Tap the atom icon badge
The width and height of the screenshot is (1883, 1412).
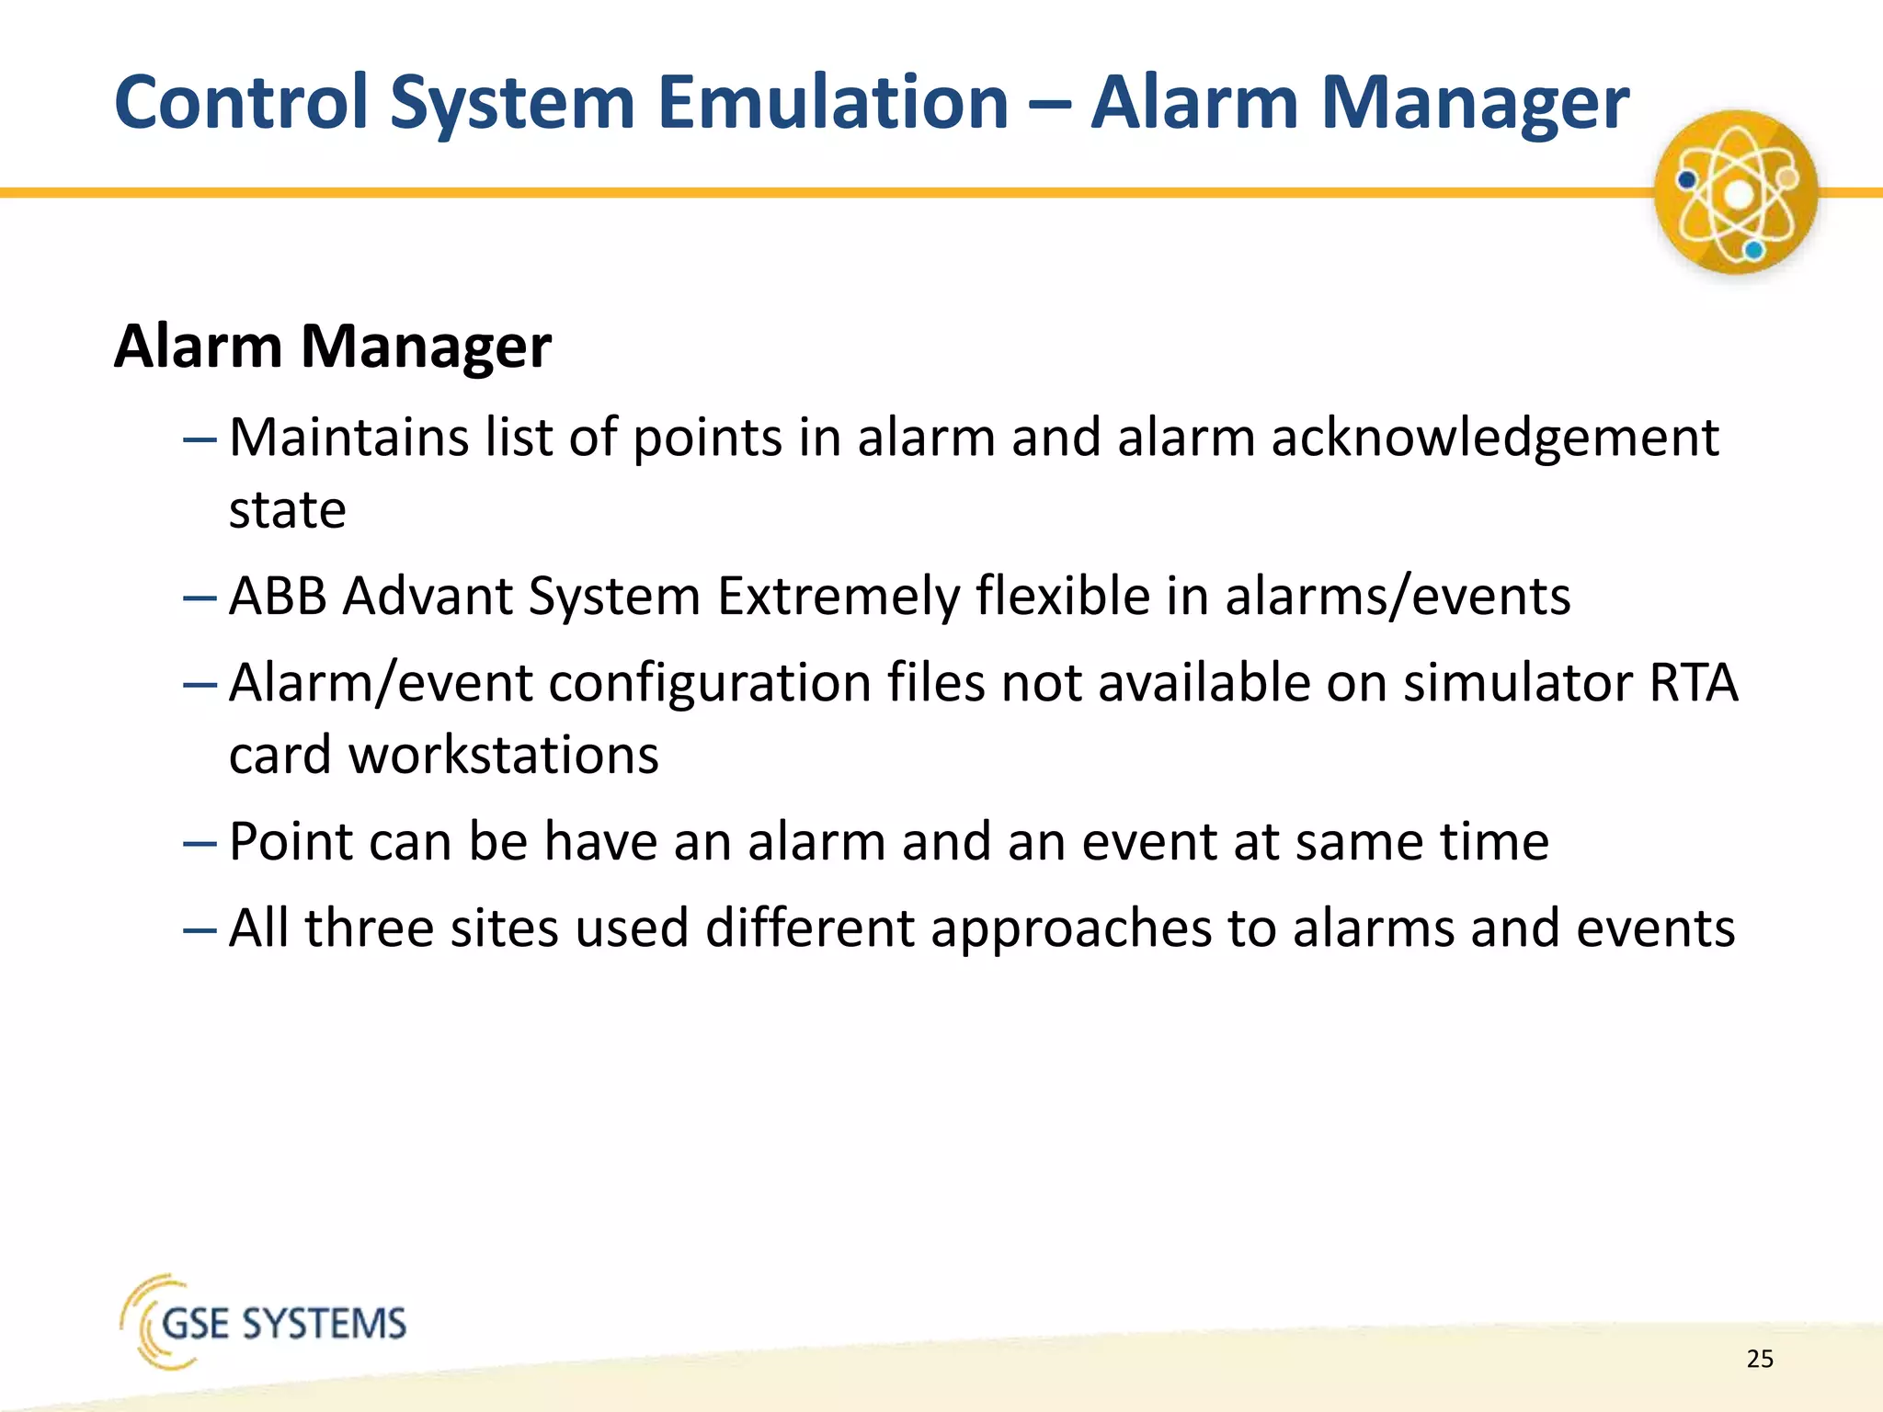tap(1736, 192)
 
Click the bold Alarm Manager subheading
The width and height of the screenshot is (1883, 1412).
tap(332, 347)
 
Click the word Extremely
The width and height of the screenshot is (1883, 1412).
tap(838, 598)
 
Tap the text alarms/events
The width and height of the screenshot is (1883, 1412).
tap(1397, 598)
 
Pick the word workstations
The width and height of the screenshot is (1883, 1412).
tap(504, 756)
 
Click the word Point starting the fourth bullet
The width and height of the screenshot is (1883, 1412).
tap(291, 842)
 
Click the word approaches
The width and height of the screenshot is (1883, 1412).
tap(1071, 929)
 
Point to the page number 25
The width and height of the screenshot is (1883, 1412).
tap(1760, 1359)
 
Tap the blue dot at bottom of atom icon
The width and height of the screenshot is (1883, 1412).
tap(1753, 249)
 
